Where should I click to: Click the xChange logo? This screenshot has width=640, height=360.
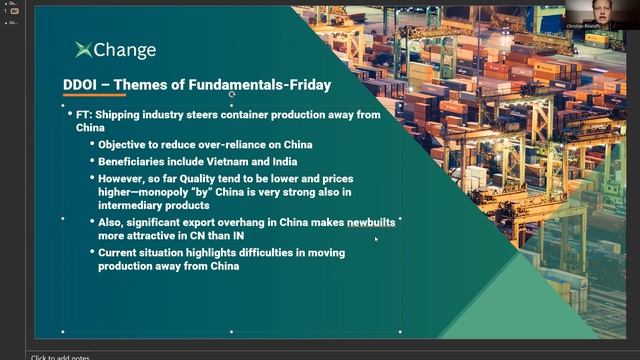115,50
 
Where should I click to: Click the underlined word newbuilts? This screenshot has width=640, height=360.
371,222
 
